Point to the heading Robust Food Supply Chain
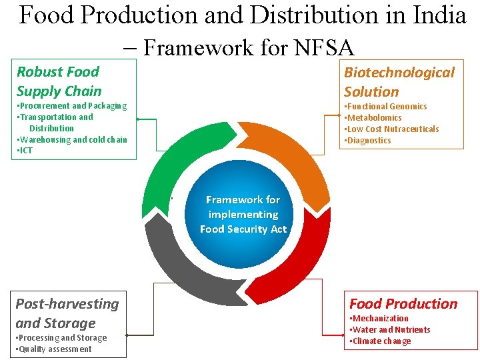(59, 81)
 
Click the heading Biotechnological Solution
(399, 82)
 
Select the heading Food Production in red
(403, 304)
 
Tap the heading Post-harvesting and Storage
(67, 313)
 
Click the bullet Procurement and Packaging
(71, 106)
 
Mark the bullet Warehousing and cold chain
(71, 140)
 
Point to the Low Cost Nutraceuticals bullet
(391, 129)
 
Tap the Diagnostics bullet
(367, 141)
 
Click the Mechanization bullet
(379, 319)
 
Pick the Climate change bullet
(380, 341)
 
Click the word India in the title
(437, 15)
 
